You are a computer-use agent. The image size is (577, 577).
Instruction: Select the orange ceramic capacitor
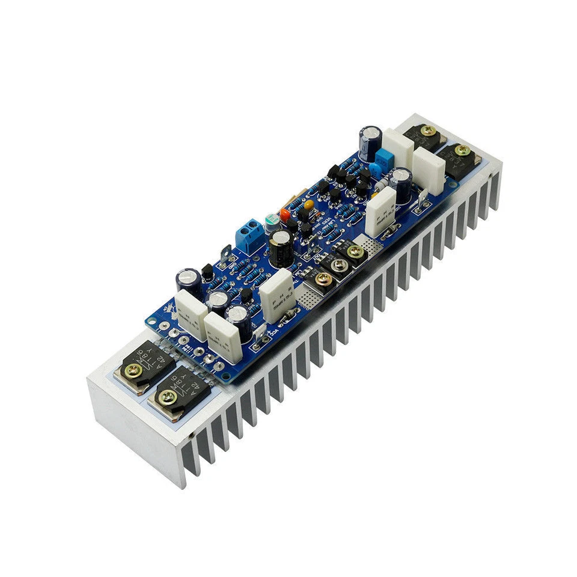pyautogui.click(x=285, y=213)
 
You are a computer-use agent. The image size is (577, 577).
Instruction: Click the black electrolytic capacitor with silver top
pyautogui.click(x=281, y=248)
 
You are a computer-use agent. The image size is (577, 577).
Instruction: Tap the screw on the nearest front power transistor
pyautogui.click(x=165, y=395)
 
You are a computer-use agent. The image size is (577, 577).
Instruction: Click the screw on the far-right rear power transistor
pyautogui.click(x=462, y=150)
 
